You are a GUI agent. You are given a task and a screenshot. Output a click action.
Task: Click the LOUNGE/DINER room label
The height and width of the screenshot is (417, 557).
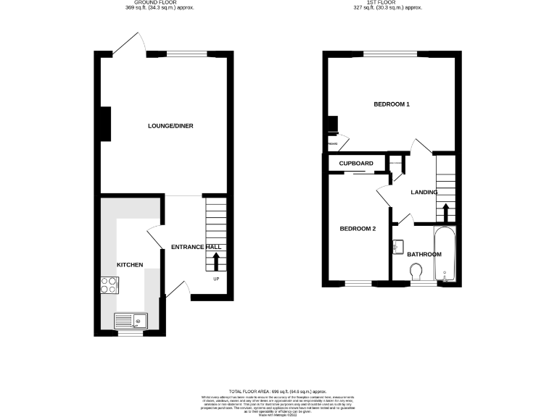[170, 126]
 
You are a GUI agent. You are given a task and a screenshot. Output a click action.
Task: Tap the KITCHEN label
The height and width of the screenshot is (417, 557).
[131, 264]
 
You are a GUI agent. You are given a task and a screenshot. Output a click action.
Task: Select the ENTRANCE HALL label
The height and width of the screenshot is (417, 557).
[196, 247]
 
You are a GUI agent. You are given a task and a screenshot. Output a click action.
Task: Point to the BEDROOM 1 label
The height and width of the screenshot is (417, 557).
[392, 105]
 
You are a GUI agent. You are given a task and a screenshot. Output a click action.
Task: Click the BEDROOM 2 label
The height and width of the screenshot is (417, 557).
[358, 229]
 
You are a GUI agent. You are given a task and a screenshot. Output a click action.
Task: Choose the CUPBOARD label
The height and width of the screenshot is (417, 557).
[356, 164]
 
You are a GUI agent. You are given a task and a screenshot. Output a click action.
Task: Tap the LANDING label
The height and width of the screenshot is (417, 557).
[424, 193]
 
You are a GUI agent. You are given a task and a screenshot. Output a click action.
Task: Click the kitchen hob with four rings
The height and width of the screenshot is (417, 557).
[109, 286]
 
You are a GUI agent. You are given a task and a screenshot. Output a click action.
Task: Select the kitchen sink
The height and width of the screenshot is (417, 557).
[131, 320]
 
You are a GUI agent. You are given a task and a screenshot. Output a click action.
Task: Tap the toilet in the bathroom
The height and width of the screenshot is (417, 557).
[416, 272]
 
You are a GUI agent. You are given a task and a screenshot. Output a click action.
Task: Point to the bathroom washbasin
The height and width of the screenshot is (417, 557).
[396, 247]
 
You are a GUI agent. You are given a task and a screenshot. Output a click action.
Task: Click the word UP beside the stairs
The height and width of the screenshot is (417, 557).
[215, 279]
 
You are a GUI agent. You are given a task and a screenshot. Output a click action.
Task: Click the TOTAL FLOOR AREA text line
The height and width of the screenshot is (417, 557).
[278, 390]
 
